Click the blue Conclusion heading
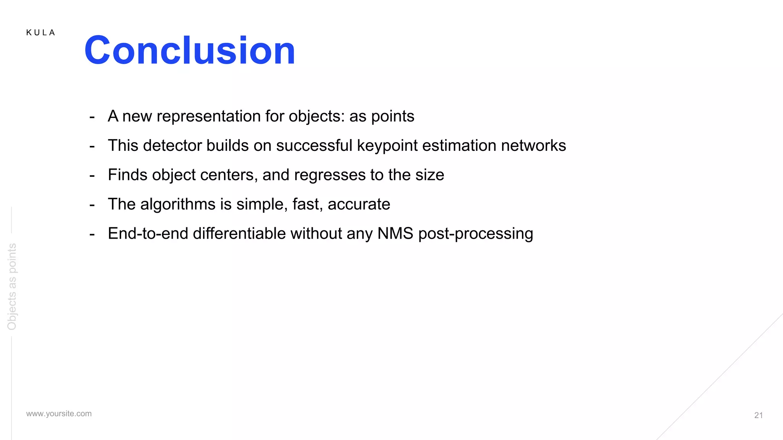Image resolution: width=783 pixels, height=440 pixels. [x=190, y=50]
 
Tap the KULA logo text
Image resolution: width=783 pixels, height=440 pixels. [x=41, y=33]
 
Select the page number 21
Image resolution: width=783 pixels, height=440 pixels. [x=759, y=415]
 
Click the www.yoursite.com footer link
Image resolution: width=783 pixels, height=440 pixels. [x=59, y=414]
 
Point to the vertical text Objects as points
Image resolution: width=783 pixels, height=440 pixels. [x=12, y=286]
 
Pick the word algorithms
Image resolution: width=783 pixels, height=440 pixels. [x=178, y=204]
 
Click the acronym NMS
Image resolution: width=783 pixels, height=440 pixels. [x=395, y=233]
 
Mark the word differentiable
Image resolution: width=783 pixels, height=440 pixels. [x=239, y=233]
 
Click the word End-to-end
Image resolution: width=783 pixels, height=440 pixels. [x=148, y=233]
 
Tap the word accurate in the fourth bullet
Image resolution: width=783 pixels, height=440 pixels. [x=359, y=204]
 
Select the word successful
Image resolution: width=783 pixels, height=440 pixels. [x=314, y=146]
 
